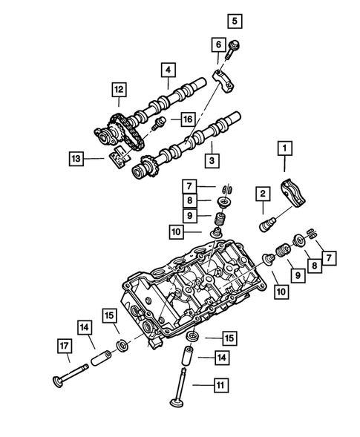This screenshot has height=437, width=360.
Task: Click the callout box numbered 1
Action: [x=283, y=149]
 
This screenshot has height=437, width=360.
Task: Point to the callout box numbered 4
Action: [x=168, y=71]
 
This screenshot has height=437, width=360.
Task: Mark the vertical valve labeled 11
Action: [x=178, y=393]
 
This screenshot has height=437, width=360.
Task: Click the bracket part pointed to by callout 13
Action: [x=118, y=158]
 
